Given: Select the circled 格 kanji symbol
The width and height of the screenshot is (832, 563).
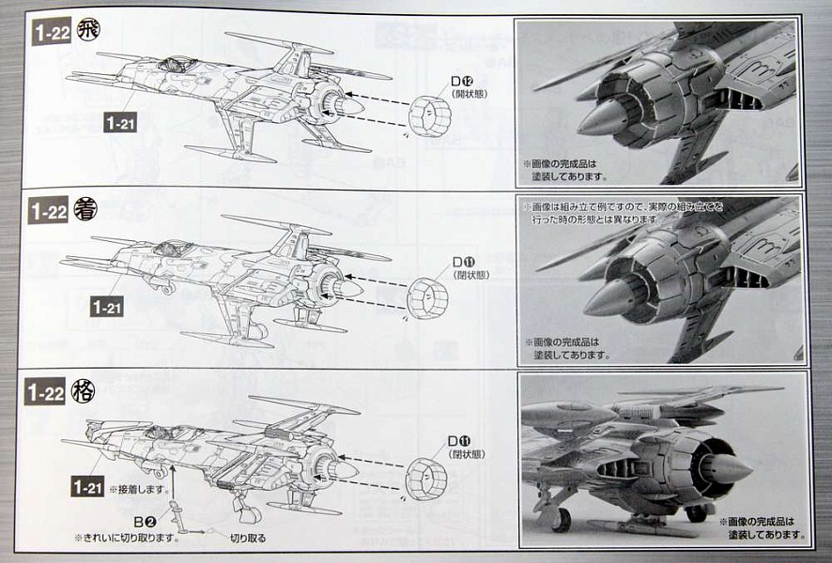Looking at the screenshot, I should coord(85,391).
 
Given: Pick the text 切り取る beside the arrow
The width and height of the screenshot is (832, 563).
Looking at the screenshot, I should coord(248,539).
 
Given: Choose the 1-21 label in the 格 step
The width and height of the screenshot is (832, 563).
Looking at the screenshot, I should coord(87,486).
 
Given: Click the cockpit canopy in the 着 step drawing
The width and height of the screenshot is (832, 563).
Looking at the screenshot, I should coord(172,249).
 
